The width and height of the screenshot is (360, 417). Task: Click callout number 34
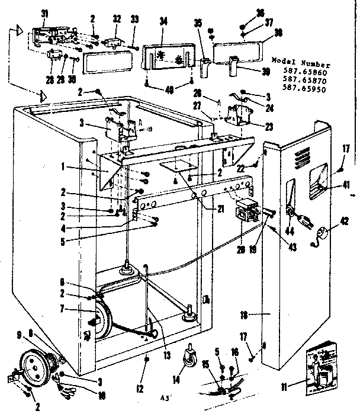click(162, 22)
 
